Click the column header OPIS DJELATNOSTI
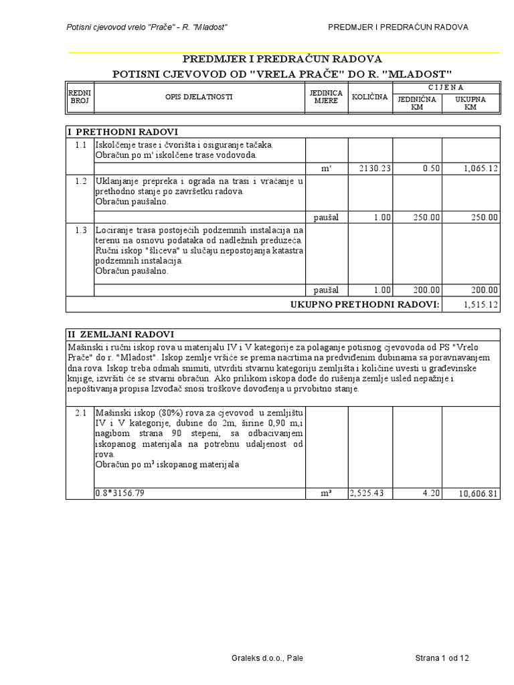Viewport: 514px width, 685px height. tap(199, 97)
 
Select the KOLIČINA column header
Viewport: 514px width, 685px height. tap(369, 97)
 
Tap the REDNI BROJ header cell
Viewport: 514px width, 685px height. tap(80, 97)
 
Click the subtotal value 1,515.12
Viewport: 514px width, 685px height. tap(481, 304)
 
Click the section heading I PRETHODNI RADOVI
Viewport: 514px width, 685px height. tap(122, 132)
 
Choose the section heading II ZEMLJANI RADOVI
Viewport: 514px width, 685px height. tap(121, 334)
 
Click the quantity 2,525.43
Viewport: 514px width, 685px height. tap(369, 493)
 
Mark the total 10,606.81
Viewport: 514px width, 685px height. tap(478, 494)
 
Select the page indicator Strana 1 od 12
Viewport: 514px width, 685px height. tap(442, 658)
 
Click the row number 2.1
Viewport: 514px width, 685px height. tap(82, 413)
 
